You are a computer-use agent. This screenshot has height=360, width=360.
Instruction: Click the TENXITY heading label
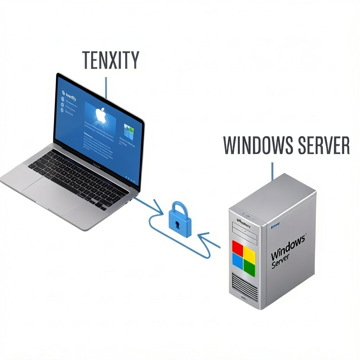(x=110, y=60)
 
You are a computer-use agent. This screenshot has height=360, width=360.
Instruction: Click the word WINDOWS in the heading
(x=258, y=145)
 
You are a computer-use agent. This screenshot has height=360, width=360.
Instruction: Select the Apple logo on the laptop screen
(x=101, y=115)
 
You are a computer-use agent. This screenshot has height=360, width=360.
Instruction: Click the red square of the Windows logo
(x=238, y=248)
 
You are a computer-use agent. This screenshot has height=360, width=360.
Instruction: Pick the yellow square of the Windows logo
(x=249, y=254)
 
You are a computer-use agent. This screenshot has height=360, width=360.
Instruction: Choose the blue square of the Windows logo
(x=237, y=261)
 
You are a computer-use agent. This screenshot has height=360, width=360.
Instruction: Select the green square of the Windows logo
(x=249, y=267)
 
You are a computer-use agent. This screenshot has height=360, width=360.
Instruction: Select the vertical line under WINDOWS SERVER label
(x=272, y=171)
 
